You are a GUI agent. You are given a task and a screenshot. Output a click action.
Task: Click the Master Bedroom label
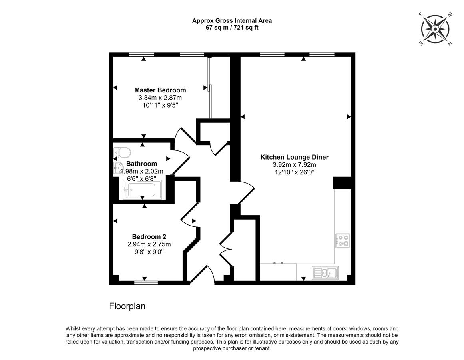160,90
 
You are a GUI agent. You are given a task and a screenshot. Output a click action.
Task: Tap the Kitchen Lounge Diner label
295,157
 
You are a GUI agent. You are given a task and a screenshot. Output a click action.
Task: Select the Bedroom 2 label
149,236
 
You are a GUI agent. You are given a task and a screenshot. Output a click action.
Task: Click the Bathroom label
141,164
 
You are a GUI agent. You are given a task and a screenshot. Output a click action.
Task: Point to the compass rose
435,29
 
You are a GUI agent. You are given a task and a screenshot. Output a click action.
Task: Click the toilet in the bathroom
122,152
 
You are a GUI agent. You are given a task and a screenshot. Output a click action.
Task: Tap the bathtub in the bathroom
142,190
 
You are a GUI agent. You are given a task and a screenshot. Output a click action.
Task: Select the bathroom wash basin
118,168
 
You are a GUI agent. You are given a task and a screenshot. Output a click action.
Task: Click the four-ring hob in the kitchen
343,241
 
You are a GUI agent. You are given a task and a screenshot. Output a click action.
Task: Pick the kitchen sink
325,273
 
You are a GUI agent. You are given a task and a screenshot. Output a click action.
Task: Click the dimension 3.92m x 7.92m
295,165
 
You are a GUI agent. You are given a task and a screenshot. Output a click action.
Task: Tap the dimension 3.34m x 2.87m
160,98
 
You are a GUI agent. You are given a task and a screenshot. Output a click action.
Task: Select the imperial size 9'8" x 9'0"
149,252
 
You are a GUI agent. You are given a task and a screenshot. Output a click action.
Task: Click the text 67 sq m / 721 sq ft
232,28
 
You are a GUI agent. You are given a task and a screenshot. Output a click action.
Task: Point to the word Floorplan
127,306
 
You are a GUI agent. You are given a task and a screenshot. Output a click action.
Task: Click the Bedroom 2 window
146,283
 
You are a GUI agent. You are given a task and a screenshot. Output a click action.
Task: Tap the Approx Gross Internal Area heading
232,21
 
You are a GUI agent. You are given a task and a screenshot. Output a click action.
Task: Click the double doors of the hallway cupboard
226,249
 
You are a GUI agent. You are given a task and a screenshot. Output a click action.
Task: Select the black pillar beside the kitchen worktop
342,183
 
